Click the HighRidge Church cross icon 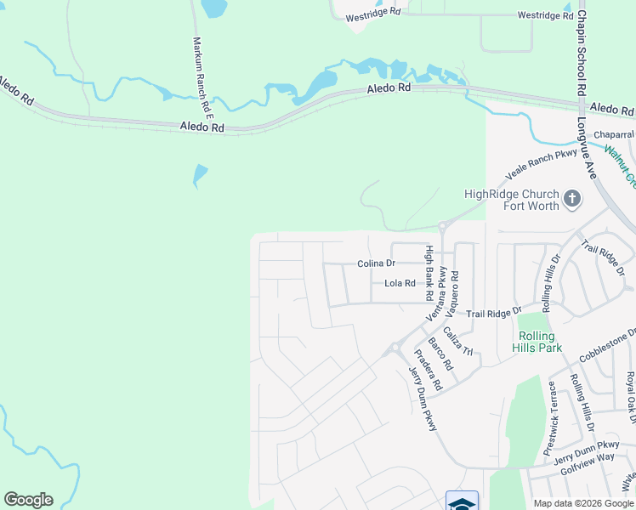[x=572, y=199]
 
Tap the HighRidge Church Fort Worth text [x=512, y=200]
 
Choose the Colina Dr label [x=376, y=263]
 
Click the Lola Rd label [x=400, y=283]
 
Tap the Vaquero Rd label [x=455, y=289]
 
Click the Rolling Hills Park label [x=538, y=342]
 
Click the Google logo [x=28, y=500]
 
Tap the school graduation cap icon [x=462, y=502]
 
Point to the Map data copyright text [x=582, y=503]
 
